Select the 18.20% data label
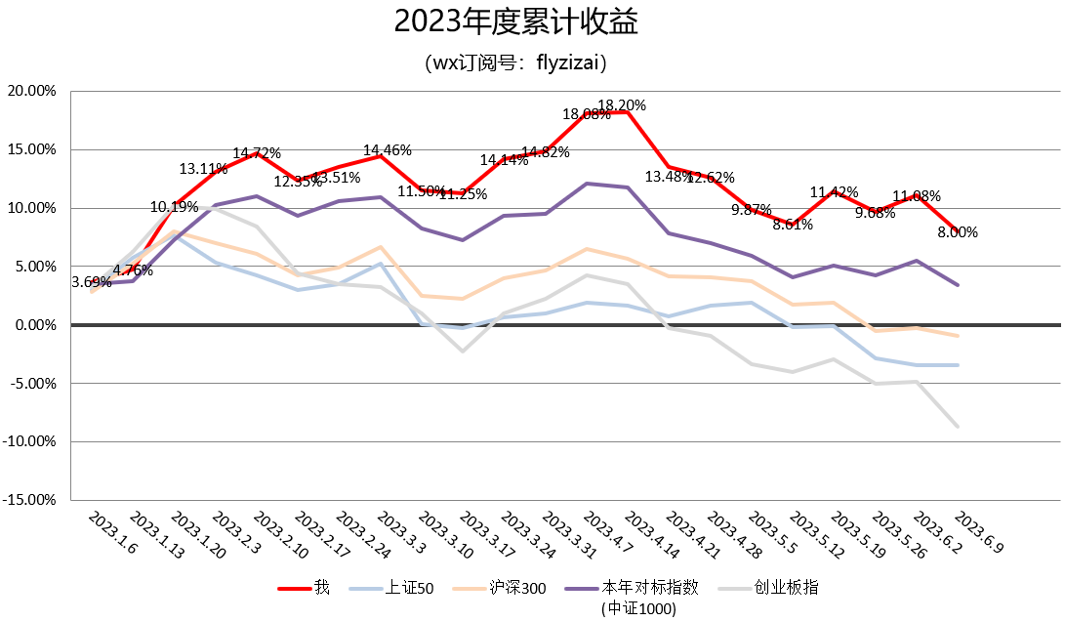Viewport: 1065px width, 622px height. [x=622, y=105]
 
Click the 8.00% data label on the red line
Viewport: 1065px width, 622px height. [x=958, y=232]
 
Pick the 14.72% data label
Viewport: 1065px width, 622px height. [x=257, y=153]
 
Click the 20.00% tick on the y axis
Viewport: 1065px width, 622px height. [x=32, y=91]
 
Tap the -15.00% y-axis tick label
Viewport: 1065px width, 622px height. [x=32, y=500]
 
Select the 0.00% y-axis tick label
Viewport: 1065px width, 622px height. [x=36, y=325]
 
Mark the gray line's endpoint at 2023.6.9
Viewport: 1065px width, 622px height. [x=958, y=427]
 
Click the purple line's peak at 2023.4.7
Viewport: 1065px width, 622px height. [x=587, y=184]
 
